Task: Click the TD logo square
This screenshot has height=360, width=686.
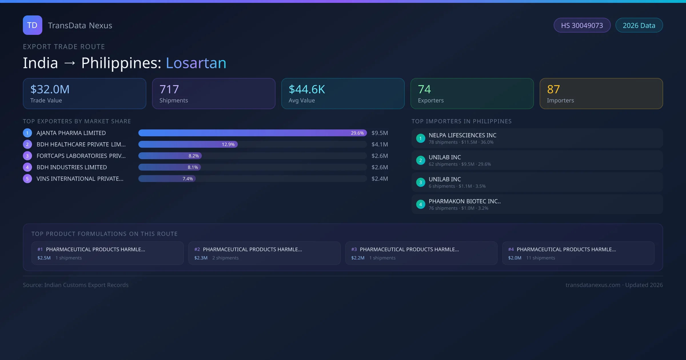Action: click(x=32, y=25)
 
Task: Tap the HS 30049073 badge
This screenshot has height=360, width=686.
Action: click(x=582, y=25)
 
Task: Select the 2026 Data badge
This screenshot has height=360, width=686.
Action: click(x=639, y=25)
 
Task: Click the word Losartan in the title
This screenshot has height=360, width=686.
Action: click(x=196, y=63)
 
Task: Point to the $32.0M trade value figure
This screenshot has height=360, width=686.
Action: click(x=50, y=89)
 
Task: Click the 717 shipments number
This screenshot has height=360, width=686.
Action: click(x=169, y=89)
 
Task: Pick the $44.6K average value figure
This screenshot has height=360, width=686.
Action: click(x=307, y=89)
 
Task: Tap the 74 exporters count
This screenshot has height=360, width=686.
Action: click(x=424, y=89)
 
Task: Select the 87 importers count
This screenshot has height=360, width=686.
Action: click(x=553, y=89)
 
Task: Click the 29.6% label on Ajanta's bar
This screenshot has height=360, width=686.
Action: click(x=357, y=133)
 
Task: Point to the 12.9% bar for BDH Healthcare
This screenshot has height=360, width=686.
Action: click(x=188, y=144)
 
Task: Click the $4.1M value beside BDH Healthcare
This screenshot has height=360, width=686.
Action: click(x=380, y=144)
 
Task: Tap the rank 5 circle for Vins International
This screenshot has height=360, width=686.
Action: click(x=27, y=179)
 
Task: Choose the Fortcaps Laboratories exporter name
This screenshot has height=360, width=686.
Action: click(x=81, y=156)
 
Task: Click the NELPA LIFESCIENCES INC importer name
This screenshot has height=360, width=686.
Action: click(x=462, y=135)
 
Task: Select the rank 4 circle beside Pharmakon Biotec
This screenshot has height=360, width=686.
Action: click(x=420, y=204)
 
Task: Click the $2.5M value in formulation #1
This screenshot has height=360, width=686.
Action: click(x=44, y=258)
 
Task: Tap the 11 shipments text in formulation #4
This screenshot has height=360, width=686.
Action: click(x=541, y=258)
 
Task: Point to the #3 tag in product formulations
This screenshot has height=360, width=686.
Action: click(x=354, y=249)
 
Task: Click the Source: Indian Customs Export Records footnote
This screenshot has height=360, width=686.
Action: click(x=76, y=285)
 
